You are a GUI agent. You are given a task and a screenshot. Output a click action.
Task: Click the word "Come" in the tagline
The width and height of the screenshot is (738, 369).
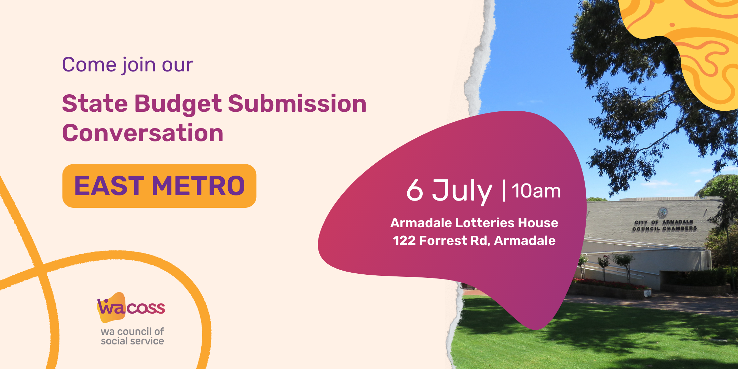pyautogui.click(x=89, y=65)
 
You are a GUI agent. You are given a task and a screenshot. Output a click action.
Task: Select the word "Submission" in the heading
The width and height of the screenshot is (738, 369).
pyautogui.click(x=297, y=104)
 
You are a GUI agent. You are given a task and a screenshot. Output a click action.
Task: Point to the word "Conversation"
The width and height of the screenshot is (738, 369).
pyautogui.click(x=143, y=133)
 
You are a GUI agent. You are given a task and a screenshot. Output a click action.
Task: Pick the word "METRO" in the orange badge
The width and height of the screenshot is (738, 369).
pyautogui.click(x=199, y=186)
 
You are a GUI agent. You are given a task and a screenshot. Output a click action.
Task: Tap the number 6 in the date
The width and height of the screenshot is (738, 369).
pyautogui.click(x=415, y=190)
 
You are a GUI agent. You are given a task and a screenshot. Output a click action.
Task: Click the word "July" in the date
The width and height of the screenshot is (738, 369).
pyautogui.click(x=462, y=191)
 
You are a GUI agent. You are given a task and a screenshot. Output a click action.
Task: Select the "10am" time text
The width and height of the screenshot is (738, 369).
pyautogui.click(x=536, y=191)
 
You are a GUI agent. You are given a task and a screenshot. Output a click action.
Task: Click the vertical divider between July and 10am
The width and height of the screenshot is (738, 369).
pyautogui.click(x=504, y=191)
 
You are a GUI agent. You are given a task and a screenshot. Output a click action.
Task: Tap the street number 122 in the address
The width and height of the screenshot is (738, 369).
pyautogui.click(x=404, y=241)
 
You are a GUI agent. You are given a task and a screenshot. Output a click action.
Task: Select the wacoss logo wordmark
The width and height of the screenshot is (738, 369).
pyautogui.click(x=131, y=307)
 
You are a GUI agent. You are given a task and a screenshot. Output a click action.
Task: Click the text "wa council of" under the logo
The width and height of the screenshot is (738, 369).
pyautogui.click(x=133, y=331)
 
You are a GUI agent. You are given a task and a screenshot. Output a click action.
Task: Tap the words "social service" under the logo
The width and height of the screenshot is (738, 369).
pyautogui.click(x=133, y=341)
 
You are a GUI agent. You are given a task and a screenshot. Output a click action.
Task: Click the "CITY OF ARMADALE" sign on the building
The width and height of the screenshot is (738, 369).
pyautogui.click(x=664, y=222)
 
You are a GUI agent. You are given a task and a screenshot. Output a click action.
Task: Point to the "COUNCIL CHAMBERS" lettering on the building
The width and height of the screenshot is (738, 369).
pyautogui.click(x=664, y=229)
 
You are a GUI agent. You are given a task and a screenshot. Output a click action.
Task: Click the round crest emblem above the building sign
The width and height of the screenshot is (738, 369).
pyautogui.click(x=663, y=212)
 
